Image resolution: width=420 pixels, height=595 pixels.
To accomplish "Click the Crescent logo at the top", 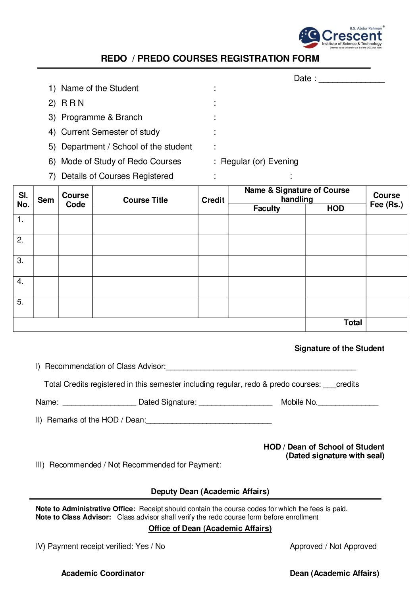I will (341, 37).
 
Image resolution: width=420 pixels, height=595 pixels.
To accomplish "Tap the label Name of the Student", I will (100, 88).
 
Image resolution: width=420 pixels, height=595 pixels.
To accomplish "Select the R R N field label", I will (72, 103).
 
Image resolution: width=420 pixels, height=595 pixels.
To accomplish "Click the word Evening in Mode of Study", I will (283, 161).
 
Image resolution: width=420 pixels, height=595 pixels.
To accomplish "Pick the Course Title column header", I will (145, 200).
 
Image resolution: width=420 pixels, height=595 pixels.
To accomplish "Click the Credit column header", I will (213, 200).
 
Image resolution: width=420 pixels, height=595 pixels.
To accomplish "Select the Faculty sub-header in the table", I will (266, 209).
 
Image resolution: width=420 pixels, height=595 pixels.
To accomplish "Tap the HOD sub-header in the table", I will (335, 209).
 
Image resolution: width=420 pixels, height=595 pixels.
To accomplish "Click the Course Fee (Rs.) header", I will (386, 200).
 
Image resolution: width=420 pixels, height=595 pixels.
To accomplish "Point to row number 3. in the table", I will (20, 261).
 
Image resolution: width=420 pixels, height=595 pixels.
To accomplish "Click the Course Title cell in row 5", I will (145, 307).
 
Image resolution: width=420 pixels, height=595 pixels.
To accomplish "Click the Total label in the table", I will (353, 323).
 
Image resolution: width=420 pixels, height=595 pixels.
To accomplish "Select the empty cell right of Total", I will (386, 324).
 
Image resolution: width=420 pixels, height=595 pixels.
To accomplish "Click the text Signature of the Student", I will (339, 349).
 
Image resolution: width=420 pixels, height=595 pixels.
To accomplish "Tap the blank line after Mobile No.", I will (348, 403).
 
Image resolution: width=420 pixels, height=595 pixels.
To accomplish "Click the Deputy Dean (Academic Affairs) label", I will (210, 492).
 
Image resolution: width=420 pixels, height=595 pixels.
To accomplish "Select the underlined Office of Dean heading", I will (210, 529).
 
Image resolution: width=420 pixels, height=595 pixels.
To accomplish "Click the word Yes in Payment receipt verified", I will (142, 547).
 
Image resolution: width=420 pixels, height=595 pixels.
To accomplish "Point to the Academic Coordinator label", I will (102, 574).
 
